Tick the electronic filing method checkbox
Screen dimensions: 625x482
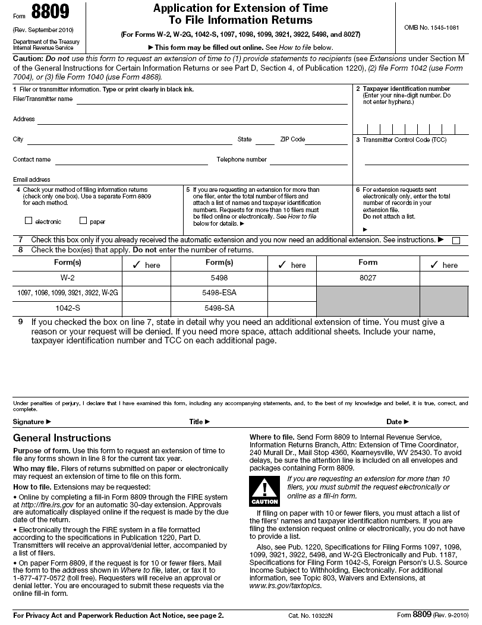click(29, 221)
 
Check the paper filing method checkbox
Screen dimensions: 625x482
click(83, 221)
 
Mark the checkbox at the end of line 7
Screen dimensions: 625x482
click(456, 241)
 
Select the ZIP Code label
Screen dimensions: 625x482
click(292, 140)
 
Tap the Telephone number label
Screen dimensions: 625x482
click(241, 159)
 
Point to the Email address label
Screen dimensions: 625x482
click(31, 179)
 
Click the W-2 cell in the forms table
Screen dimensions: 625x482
click(67, 277)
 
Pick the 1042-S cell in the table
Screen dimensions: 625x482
click(67, 308)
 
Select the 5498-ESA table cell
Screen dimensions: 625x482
click(219, 293)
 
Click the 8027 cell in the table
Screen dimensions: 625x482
click(368, 277)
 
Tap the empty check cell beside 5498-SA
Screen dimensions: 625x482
click(291, 308)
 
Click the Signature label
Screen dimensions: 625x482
click(31, 422)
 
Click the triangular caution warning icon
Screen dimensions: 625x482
click(261, 488)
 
